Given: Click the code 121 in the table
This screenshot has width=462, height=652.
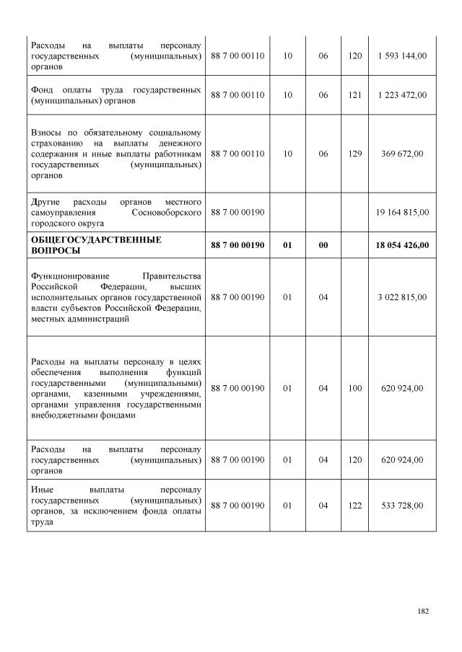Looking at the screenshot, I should pos(354,95).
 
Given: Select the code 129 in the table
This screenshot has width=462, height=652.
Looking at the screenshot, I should pos(354,154).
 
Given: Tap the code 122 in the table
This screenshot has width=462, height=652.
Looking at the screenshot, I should pos(354,506).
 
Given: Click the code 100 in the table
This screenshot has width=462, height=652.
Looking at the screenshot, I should pos(354,388).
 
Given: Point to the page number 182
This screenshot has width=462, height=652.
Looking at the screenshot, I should pos(423,612).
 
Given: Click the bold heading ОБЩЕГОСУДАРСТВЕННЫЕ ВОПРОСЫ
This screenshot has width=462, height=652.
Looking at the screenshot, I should pos(96,245).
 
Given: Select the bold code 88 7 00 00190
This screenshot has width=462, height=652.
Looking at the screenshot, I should pos(237,246).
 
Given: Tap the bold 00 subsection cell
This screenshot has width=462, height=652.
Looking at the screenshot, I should pos(323,246).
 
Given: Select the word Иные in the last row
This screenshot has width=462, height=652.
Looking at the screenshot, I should pos(42,488).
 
